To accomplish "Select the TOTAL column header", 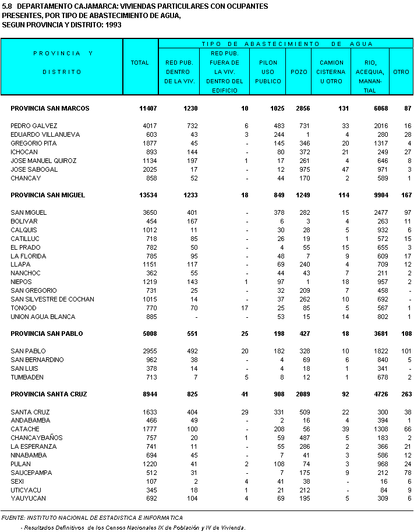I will point(140,62).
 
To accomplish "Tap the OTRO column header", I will point(401,72).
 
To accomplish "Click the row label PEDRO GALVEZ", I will point(34,126).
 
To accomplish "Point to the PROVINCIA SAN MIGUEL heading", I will point(48,195).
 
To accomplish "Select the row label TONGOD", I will point(23,308).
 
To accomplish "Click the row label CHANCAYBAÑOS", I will point(37,438).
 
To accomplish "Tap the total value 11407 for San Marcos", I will point(140,108).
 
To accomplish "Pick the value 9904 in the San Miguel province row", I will point(372,195).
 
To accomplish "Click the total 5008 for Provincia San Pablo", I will point(142,334).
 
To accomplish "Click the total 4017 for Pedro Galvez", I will point(142,126).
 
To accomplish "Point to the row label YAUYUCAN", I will point(28,498).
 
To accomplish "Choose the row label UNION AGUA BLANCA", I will point(43,317).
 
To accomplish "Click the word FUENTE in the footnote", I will point(13,517).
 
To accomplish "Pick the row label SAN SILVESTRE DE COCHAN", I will point(52,299).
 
